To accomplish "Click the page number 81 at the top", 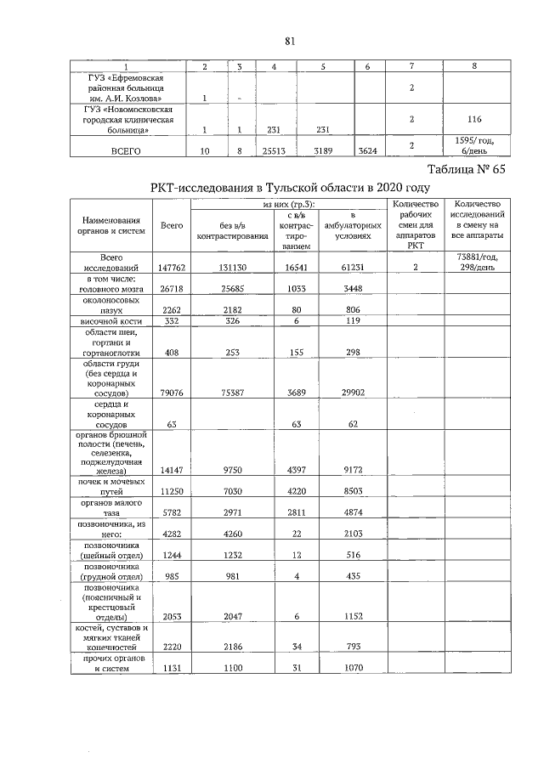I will (290, 40).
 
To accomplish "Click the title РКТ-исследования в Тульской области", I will (290, 187).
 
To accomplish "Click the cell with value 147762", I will (172, 267).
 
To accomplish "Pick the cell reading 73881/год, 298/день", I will (476, 262).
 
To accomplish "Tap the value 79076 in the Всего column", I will (172, 393).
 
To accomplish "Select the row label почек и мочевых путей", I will (107, 483).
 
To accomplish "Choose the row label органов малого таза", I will (107, 509).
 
